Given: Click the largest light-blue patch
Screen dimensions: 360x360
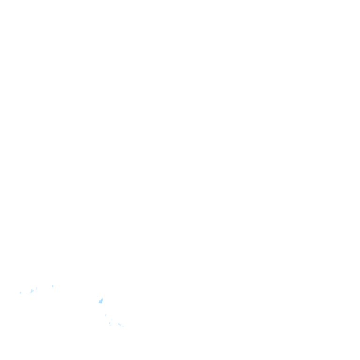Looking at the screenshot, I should pos(101,301).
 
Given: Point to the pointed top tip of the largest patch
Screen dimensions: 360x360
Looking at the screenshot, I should pos(102,298).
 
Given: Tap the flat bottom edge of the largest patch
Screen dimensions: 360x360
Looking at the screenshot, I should pos(100,303).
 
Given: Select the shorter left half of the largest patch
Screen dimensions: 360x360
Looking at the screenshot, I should pos(99,301).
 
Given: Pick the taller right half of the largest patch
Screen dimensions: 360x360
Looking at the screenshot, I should pos(102,300).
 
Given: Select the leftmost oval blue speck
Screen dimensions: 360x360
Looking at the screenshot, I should pos(20,293).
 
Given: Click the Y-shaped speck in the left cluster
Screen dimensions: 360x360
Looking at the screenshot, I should pos(32,291).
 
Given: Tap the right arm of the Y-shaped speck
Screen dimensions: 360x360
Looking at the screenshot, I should pos(33,291).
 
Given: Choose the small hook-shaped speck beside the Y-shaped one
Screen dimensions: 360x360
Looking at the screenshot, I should pos(37,288).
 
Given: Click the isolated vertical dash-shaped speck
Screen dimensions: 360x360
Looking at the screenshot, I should pos(52,286).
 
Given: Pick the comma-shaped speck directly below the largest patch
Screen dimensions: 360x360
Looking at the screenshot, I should pos(105,315).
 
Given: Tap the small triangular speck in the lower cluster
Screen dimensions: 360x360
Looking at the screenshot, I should pos(110,322).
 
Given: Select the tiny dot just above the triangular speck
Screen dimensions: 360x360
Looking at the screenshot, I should pos(112,320).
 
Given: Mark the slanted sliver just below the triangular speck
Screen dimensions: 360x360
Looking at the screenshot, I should pos(111,325).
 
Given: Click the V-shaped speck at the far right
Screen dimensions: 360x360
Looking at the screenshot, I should pos(120,324).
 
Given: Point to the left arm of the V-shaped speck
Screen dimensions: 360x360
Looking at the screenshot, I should pos(118,323).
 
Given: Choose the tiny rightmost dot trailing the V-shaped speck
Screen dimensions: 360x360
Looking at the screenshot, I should pos(122,326).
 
